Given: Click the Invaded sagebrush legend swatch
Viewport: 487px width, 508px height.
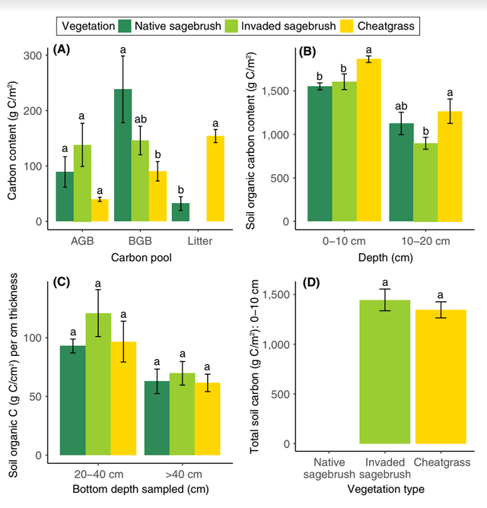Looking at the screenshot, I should point(231,27).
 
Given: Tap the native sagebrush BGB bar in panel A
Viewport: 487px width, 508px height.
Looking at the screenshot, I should point(123,155).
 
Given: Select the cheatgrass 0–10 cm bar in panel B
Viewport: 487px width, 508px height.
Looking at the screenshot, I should point(369,140).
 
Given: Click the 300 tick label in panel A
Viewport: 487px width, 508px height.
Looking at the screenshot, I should point(33,56).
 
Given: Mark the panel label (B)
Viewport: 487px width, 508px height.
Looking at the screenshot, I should point(308,52).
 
